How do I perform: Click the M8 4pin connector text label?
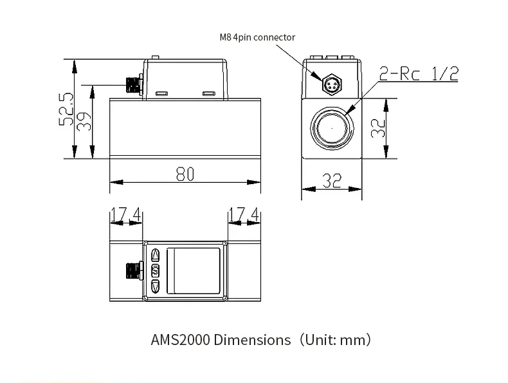pos(257,37)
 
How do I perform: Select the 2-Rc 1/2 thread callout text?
pos(419,74)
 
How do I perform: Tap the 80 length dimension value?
pos(185,174)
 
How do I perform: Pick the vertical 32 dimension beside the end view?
pos(378,127)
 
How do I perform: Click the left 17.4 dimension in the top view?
pos(125,214)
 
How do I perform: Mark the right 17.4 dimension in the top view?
pos(244,214)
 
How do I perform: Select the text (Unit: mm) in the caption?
pos(334,340)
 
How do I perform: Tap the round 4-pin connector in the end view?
pos(332,84)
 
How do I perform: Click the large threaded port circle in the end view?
pos(332,127)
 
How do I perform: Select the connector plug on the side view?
pos(133,84)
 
